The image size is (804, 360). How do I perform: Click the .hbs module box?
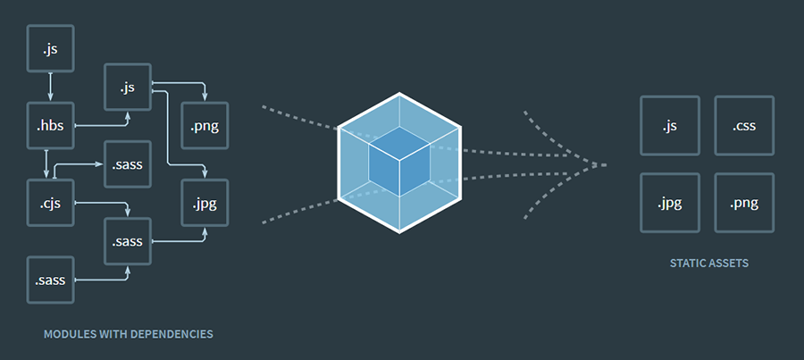pyautogui.click(x=50, y=126)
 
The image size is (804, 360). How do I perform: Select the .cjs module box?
pyautogui.click(x=50, y=203)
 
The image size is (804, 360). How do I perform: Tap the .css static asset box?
pyautogui.click(x=744, y=126)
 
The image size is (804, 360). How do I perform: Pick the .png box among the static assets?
pyautogui.click(x=744, y=203)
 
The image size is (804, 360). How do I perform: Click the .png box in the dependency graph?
pyautogui.click(x=205, y=126)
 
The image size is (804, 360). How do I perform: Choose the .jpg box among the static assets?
pyautogui.click(x=670, y=203)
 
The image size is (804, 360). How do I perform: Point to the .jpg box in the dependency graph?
pyautogui.click(x=205, y=203)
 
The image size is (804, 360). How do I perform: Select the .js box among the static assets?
pyautogui.click(x=670, y=126)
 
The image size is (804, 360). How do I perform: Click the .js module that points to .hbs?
pyautogui.click(x=50, y=48)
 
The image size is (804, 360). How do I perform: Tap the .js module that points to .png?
pyautogui.click(x=128, y=88)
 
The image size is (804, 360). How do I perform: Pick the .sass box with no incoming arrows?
pyautogui.click(x=50, y=280)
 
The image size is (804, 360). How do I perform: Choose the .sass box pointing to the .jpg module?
pyautogui.click(x=128, y=241)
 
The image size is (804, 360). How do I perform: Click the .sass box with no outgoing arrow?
pyautogui.click(x=128, y=164)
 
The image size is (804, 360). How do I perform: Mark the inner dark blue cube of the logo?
pyautogui.click(x=399, y=161)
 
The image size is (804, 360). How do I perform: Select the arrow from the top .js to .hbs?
pyautogui.click(x=50, y=87)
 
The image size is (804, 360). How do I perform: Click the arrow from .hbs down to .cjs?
pyautogui.click(x=46, y=164)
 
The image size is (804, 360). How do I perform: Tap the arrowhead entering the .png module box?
pyautogui.click(x=205, y=96)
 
